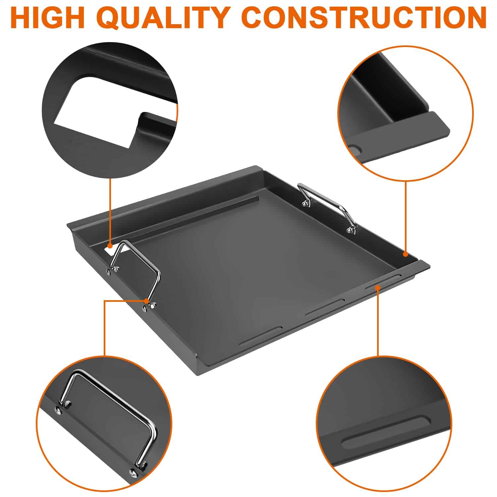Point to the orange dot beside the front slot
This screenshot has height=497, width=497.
(377, 288)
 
